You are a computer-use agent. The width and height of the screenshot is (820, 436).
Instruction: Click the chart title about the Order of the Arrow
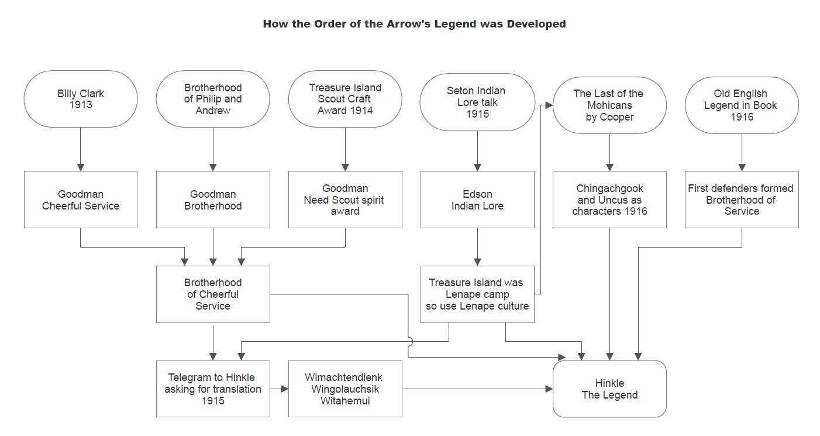[x=414, y=24]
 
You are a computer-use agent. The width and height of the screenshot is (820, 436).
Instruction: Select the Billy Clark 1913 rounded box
[x=81, y=99]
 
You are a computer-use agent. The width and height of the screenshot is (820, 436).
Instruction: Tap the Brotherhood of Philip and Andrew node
[x=213, y=99]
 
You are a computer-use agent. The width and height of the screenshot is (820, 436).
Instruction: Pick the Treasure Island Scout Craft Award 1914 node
[x=345, y=99]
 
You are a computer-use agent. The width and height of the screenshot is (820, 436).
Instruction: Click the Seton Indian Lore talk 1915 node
[x=477, y=102]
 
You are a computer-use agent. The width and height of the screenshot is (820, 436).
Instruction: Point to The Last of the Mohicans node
[x=609, y=105]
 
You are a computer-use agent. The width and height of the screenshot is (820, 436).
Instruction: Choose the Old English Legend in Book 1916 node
[x=742, y=105]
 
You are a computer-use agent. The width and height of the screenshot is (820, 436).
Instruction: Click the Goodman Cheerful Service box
[x=81, y=200]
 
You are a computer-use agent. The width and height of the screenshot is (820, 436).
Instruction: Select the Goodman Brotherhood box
[x=213, y=200]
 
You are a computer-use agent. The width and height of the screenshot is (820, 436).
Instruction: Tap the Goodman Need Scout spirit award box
[x=345, y=200]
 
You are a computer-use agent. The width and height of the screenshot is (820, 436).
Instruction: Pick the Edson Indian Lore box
[x=477, y=200]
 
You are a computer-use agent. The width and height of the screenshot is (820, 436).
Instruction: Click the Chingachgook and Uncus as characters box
[x=609, y=200]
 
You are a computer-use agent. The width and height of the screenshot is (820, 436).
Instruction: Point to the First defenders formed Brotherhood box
[x=742, y=200]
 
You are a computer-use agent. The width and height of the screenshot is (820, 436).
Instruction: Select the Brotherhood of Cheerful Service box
[x=213, y=294]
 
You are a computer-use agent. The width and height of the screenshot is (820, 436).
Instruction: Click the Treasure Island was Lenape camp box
[x=477, y=294]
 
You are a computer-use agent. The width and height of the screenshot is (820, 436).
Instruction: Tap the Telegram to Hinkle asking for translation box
[x=213, y=389]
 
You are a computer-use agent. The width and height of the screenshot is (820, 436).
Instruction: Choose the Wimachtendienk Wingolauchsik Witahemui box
[x=345, y=389]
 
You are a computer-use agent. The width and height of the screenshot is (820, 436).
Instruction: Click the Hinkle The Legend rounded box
[x=609, y=389]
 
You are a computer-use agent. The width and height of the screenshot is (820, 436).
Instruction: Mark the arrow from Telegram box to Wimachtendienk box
[x=280, y=389]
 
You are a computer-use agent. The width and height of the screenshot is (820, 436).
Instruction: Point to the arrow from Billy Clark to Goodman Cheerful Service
[x=81, y=149]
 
